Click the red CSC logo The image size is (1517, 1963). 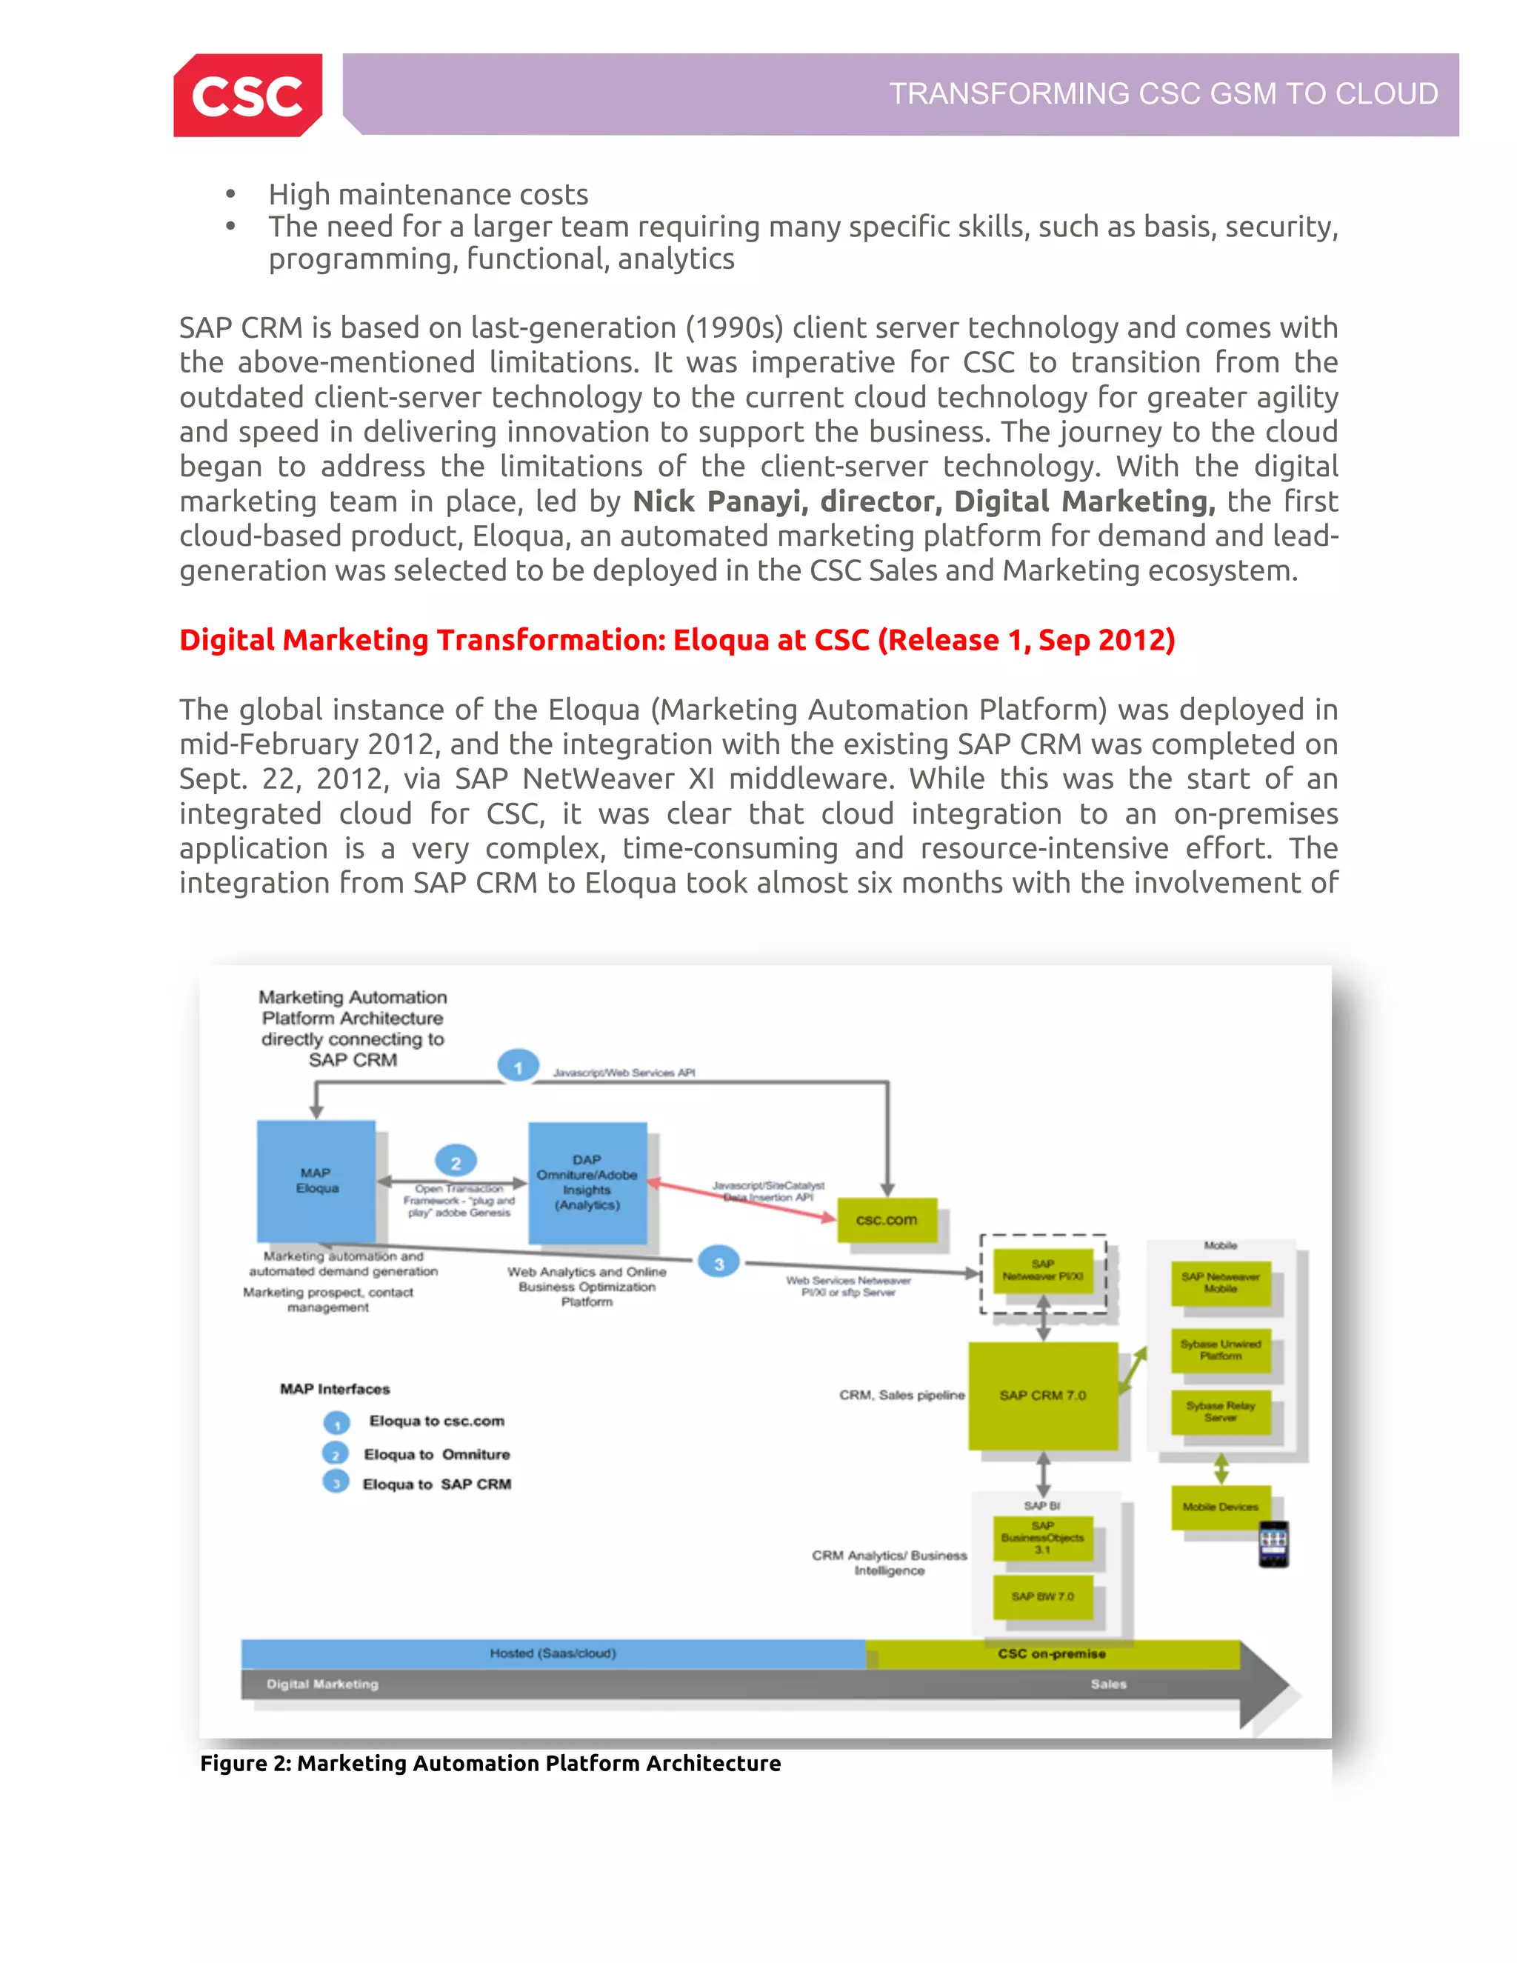click(x=247, y=96)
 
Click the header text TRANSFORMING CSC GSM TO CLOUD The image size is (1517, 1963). click(x=1163, y=93)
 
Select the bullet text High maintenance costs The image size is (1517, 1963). click(x=428, y=194)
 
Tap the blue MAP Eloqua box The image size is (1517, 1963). click(x=316, y=1180)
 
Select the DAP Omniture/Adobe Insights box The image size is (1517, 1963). click(x=587, y=1182)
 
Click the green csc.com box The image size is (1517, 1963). click(x=886, y=1220)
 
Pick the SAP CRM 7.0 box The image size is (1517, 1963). click(x=1042, y=1395)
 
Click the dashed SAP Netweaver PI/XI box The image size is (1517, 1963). click(x=1042, y=1271)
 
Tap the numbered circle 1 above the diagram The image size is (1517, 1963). click(x=518, y=1067)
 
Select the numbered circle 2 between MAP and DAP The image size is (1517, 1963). click(x=456, y=1162)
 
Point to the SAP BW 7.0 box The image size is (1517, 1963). click(x=1042, y=1596)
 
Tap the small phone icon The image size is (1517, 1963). click(x=1273, y=1543)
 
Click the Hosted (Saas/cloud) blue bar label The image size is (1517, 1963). click(x=553, y=1653)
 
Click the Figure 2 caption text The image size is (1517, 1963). click(x=490, y=1764)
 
